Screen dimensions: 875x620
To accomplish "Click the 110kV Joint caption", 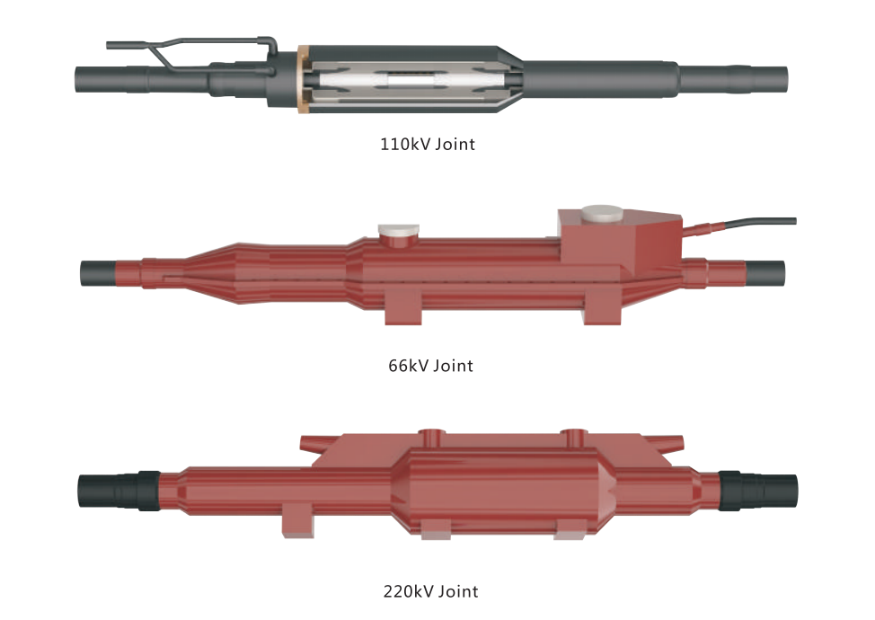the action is [428, 145].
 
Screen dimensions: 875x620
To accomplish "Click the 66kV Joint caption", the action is [430, 366].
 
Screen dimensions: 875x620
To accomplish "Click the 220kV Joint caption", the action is [430, 591].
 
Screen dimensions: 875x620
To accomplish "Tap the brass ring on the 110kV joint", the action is [303, 79].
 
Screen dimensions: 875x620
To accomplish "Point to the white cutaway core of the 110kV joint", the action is [413, 82].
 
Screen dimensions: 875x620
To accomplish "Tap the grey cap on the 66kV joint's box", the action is [602, 213].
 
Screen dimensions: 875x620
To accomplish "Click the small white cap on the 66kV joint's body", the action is [399, 229].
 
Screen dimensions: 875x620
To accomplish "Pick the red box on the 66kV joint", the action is [620, 237].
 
